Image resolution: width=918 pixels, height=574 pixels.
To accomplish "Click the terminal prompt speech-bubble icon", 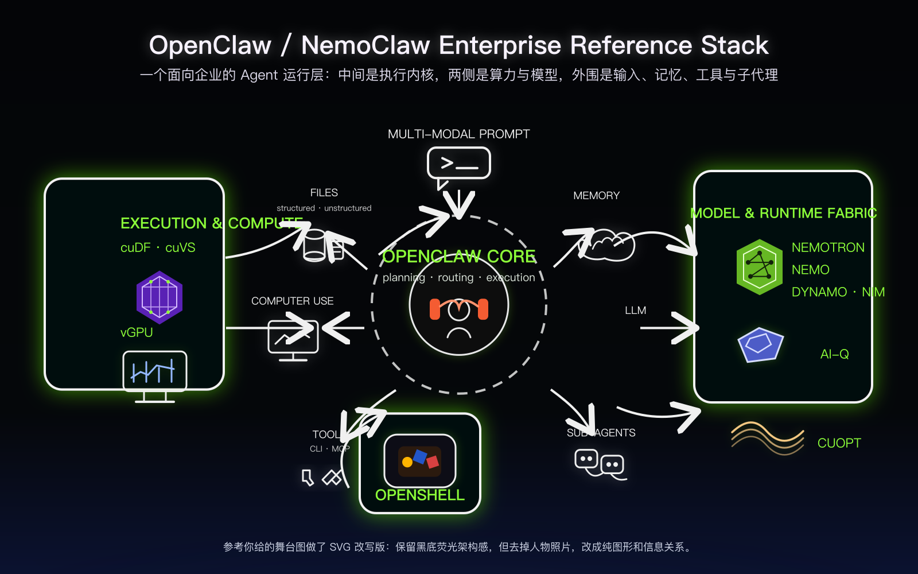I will (x=458, y=164).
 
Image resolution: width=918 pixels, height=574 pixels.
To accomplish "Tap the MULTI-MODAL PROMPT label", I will (x=458, y=134).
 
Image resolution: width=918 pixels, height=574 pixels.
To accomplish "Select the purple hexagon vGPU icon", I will (x=160, y=297).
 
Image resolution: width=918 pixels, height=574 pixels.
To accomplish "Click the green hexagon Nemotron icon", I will (x=760, y=267).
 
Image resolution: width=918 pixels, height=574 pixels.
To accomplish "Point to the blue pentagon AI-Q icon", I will (x=760, y=344).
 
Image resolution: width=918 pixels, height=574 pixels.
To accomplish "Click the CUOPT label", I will (x=839, y=443).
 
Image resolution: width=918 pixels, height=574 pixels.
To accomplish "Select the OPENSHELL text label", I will (x=419, y=495).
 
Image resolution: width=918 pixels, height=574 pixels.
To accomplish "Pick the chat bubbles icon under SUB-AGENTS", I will (x=600, y=464).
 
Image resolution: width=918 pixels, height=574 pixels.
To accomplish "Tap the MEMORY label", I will (x=596, y=196).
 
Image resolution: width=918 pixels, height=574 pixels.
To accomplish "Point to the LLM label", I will (x=635, y=311).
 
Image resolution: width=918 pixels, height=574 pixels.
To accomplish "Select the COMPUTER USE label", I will (x=292, y=301).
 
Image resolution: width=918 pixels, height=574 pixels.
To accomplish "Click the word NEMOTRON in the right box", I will (x=827, y=247).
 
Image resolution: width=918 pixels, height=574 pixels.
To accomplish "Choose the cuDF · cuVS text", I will (x=158, y=247).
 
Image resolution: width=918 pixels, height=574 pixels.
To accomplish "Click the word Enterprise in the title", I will (x=500, y=45).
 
